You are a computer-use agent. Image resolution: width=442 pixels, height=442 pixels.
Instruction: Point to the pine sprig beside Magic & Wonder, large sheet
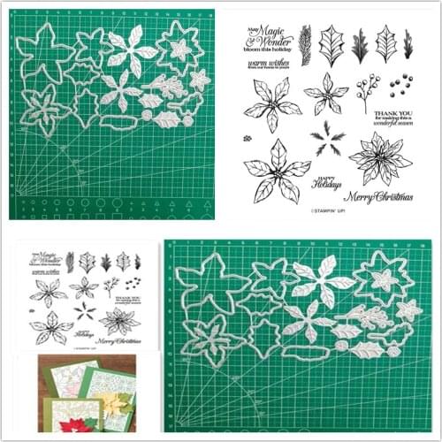pos(304,37)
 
